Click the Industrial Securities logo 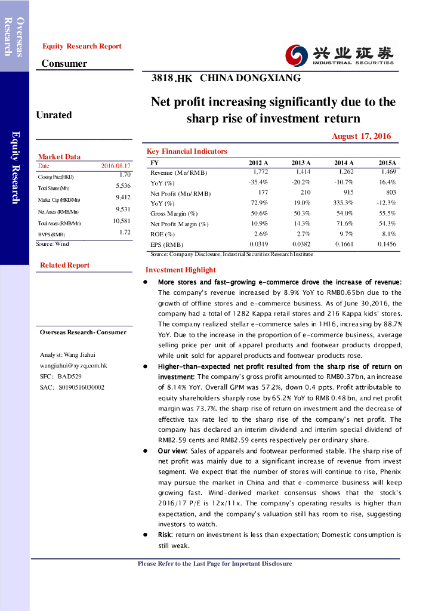click(339, 55)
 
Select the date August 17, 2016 click(361, 136)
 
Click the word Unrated click(54, 115)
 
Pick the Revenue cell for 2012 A click(260, 172)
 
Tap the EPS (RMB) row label click(167, 244)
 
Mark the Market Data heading click(59, 157)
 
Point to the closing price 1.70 click(125, 175)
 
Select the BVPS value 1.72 click(125, 232)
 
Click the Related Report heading click(64, 266)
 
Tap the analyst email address click(73, 365)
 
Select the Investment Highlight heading click(181, 270)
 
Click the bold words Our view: click(172, 451)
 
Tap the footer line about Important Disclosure click(215, 564)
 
